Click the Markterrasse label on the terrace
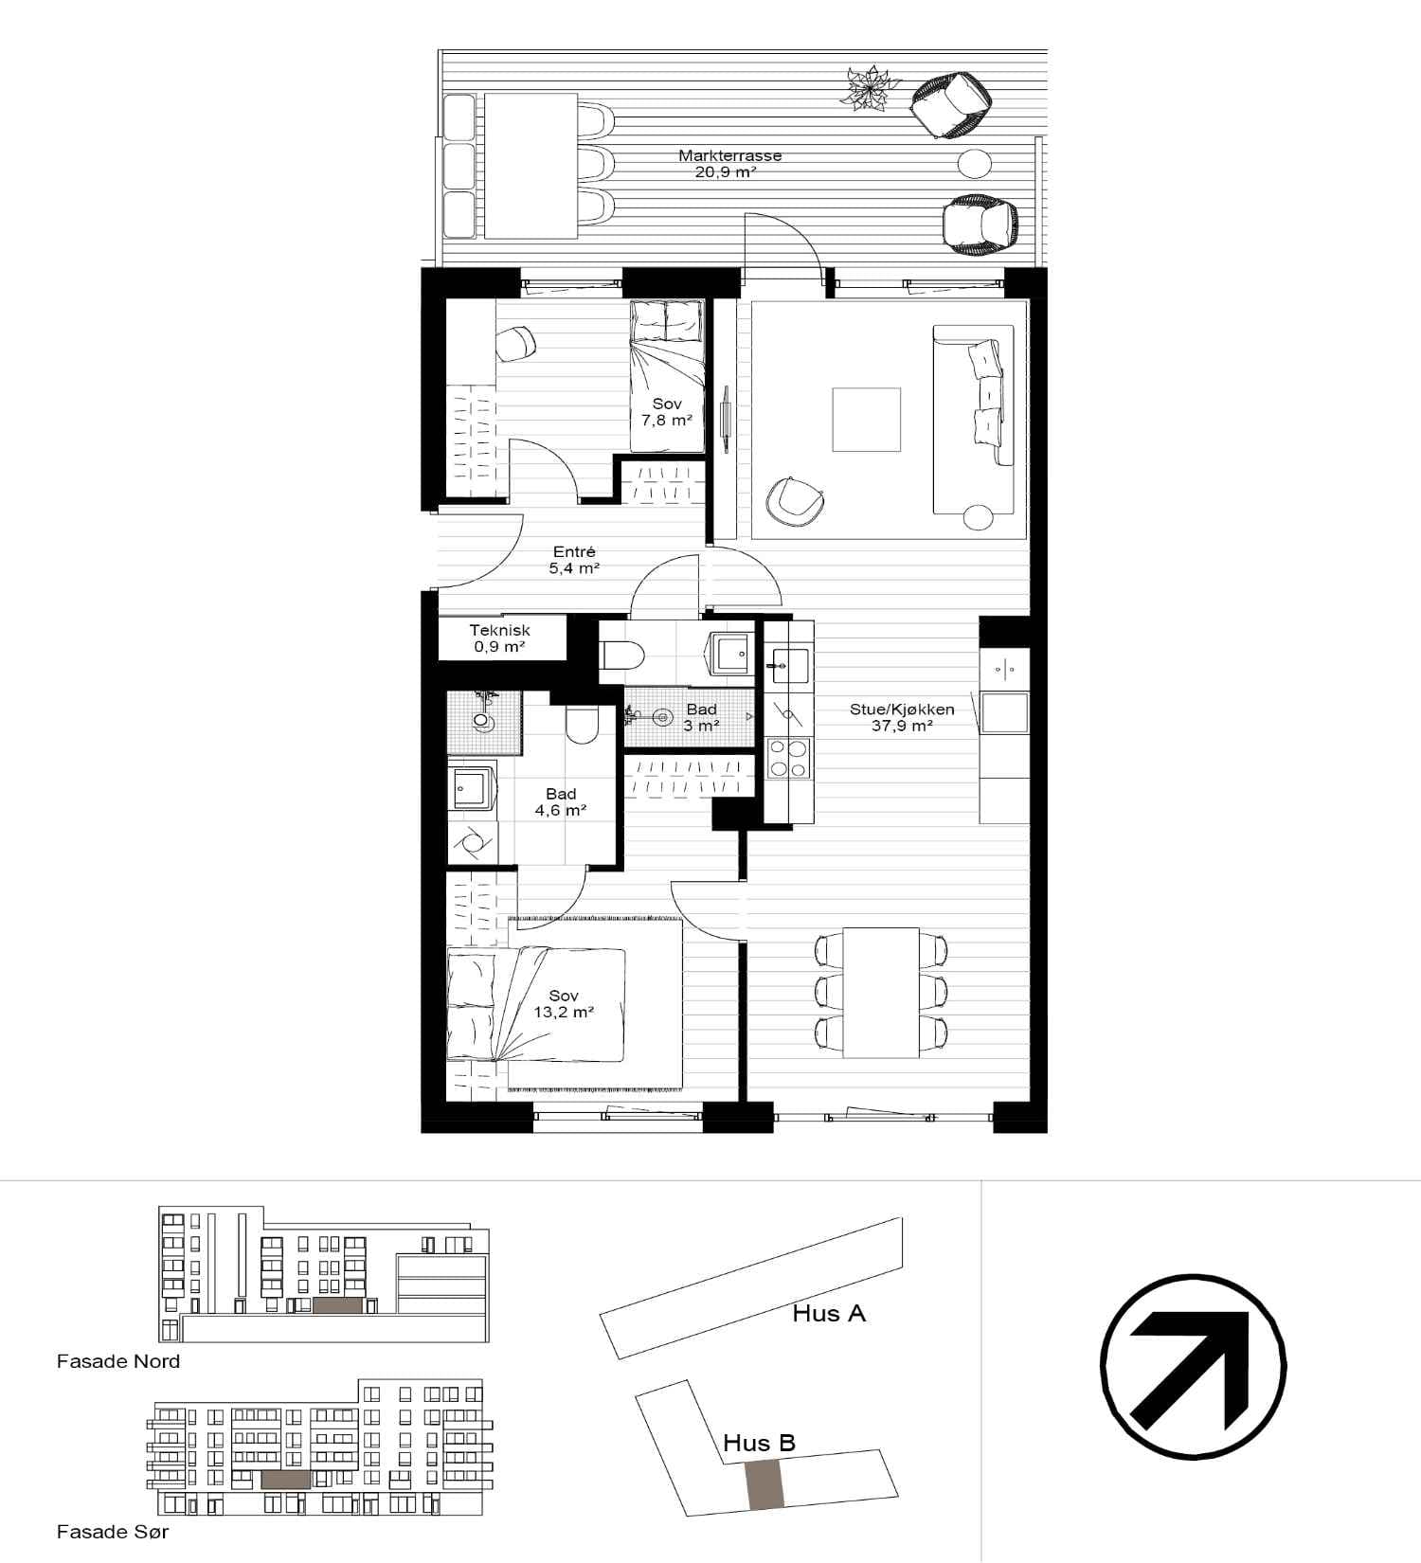click(729, 155)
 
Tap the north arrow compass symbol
click(1194, 1365)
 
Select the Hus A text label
click(829, 1313)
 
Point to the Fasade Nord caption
click(118, 1361)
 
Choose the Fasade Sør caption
click(113, 1531)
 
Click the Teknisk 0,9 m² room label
click(500, 638)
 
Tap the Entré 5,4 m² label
click(574, 560)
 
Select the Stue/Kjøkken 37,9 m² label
click(902, 717)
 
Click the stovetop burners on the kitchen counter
click(788, 759)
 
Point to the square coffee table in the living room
click(867, 419)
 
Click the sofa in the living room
click(973, 420)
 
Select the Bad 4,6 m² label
click(561, 802)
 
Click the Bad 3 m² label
click(701, 717)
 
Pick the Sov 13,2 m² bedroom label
click(564, 1004)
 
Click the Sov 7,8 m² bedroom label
click(667, 412)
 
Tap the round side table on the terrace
click(975, 164)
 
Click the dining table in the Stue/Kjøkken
click(881, 993)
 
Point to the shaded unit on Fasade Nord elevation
click(337, 1305)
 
